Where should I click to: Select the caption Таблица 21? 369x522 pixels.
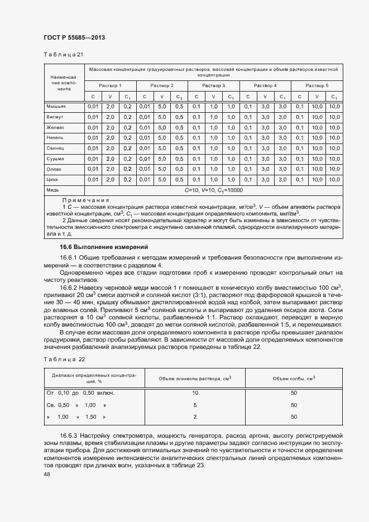point(63,55)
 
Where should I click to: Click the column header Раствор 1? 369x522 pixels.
point(110,85)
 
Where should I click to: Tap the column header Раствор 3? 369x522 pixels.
point(213,85)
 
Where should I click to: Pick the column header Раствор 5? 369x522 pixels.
point(317,85)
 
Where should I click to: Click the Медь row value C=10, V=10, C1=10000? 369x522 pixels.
point(213,190)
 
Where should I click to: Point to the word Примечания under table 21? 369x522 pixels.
point(85,200)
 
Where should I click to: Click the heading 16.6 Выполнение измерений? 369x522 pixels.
point(104,247)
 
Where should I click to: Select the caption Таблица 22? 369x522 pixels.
point(64,360)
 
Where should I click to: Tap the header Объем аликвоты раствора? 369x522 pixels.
point(195,379)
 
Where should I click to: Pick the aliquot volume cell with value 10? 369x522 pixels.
point(195,392)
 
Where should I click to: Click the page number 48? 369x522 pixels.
point(47,473)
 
